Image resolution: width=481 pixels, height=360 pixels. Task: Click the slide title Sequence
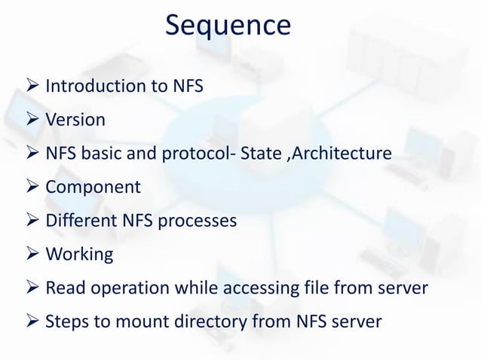coord(228,26)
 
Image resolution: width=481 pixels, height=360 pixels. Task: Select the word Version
coord(75,121)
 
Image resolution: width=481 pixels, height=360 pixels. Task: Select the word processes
coord(195,221)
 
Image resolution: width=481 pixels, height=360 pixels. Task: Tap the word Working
coord(79,255)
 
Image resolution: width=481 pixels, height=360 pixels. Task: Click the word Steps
coord(66,322)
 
